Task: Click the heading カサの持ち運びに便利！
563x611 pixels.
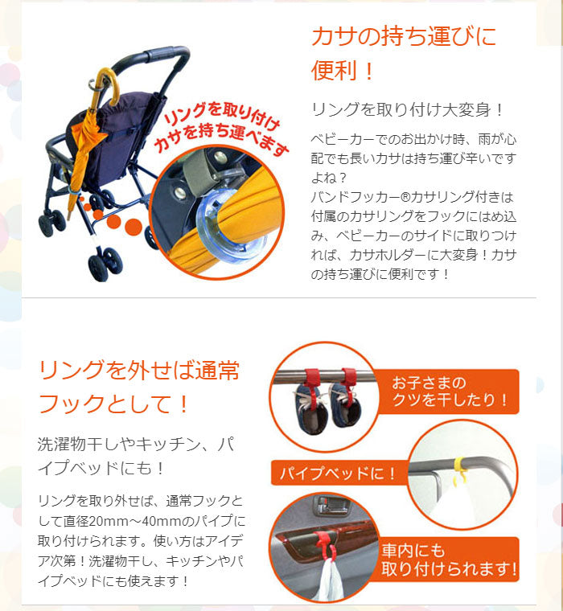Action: (x=403, y=53)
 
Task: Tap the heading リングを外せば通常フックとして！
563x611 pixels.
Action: (x=139, y=386)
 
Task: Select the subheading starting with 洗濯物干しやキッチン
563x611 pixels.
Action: (x=136, y=456)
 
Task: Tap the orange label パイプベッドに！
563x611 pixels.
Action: (x=337, y=473)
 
